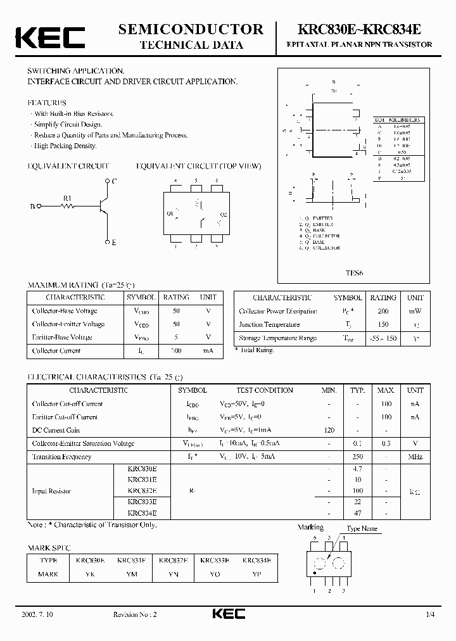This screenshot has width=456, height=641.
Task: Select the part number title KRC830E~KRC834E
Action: [359, 29]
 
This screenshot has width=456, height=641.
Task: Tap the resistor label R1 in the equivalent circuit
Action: [67, 198]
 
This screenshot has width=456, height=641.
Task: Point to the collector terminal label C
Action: [113, 182]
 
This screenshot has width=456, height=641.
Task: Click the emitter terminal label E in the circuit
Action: [113, 243]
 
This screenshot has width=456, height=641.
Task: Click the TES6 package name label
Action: [354, 274]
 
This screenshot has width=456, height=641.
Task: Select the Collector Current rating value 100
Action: [176, 350]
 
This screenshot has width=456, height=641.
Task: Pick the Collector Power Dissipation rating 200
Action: [383, 311]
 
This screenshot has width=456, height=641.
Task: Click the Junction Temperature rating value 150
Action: [383, 324]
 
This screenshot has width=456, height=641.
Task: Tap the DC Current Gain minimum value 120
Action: [329, 430]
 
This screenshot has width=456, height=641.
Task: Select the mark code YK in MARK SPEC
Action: [90, 574]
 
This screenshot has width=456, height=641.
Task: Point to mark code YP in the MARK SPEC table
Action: [256, 574]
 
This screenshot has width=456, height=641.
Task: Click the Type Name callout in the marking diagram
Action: [362, 528]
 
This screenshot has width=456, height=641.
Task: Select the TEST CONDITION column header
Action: [265, 390]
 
